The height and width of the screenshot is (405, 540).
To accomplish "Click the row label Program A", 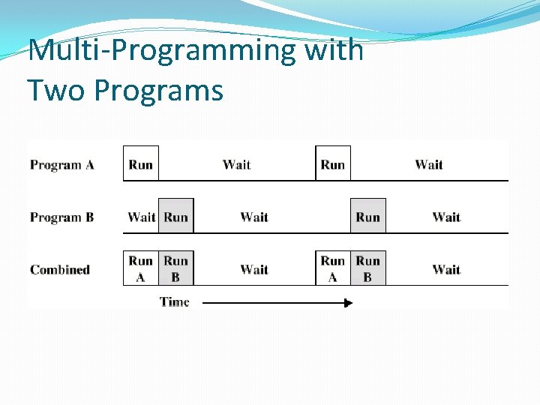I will (62, 165).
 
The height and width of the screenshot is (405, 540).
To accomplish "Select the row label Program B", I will (62, 217).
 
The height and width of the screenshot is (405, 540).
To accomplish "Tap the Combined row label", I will (60, 270).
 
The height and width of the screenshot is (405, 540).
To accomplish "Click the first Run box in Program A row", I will (141, 164).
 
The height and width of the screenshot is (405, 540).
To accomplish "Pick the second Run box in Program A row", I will (333, 164).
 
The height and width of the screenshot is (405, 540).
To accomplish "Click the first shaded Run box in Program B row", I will (176, 217).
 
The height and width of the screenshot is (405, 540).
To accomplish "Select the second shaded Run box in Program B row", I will (368, 217).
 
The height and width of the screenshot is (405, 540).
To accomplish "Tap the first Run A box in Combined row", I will (141, 268).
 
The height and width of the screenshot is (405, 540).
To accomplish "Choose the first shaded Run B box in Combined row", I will (176, 268).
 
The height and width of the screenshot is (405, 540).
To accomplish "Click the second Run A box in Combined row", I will (333, 268).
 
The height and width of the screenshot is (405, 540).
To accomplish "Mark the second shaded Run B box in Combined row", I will (368, 268).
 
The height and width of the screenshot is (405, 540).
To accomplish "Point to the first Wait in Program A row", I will (237, 165).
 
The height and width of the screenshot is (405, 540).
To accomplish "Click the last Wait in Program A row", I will (429, 165).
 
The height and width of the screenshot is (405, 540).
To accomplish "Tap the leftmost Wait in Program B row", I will (141, 217).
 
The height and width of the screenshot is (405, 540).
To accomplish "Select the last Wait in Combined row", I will (446, 269).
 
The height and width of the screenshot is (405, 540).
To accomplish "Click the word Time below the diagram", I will (175, 302).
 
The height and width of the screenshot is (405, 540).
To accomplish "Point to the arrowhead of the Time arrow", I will (348, 303).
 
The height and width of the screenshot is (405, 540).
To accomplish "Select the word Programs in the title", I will (158, 91).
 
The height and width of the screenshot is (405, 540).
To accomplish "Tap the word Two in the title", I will (55, 91).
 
